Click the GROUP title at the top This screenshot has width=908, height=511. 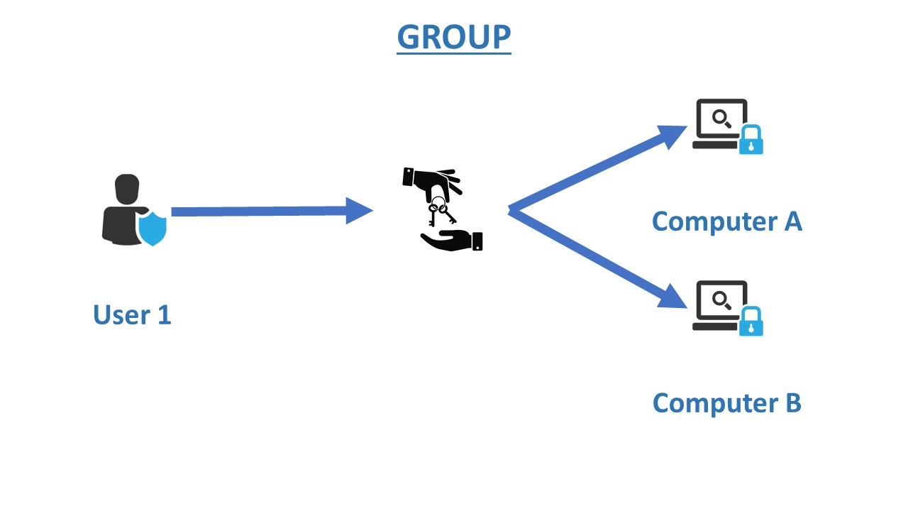pyautogui.click(x=454, y=37)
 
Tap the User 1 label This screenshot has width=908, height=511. pyautogui.click(x=132, y=314)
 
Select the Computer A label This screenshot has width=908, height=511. pyautogui.click(x=726, y=221)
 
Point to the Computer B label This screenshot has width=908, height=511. pyautogui.click(x=726, y=403)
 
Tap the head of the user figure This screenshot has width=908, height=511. pyautogui.click(x=127, y=188)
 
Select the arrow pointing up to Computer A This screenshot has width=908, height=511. pyautogui.click(x=596, y=170)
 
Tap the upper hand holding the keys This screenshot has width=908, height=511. pyautogui.click(x=433, y=182)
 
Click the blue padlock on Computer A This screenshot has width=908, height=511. pyautogui.click(x=751, y=141)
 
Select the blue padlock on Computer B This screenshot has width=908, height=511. pyautogui.click(x=751, y=322)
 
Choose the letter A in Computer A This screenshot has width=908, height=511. pyautogui.click(x=792, y=221)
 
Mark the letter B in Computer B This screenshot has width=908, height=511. pyautogui.click(x=792, y=403)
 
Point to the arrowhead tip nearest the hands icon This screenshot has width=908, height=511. pyautogui.click(x=372, y=210)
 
